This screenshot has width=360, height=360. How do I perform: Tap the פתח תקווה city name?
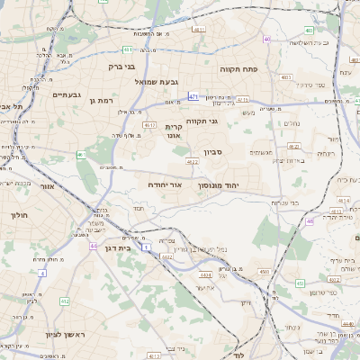[x=238, y=68]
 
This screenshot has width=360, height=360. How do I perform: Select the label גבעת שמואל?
[x=155, y=82]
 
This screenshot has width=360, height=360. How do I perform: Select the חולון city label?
[x=20, y=216]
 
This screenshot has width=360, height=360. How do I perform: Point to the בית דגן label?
[x=137, y=247]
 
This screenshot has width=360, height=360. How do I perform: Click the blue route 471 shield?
[x=193, y=95]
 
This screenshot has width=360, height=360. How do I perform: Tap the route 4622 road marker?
[x=193, y=162]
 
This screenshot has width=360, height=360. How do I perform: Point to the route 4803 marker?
[x=285, y=78]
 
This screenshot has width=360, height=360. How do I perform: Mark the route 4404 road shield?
[x=166, y=256]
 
